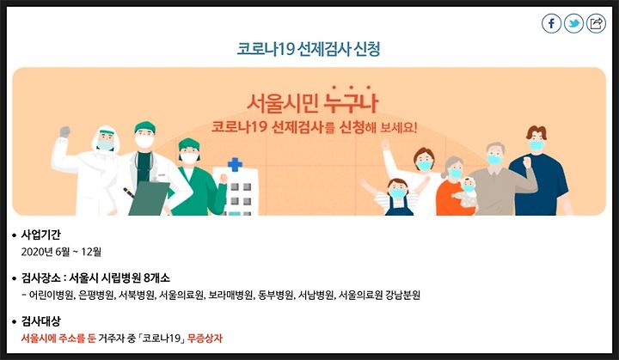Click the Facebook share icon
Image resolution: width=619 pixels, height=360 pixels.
tap(551, 23)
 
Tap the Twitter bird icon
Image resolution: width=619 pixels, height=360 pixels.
tap(573, 23)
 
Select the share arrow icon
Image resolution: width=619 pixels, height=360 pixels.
tap(596, 23)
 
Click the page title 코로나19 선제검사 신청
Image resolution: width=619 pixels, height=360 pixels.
tap(309, 49)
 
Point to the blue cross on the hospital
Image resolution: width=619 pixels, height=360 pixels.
tap(235, 164)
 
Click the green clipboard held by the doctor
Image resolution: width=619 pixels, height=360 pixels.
tap(149, 198)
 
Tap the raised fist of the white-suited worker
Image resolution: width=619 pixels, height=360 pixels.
tap(64, 131)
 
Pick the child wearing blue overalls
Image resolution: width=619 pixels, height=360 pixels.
tap(398, 197)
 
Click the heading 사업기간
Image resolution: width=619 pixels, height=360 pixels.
tap(40, 235)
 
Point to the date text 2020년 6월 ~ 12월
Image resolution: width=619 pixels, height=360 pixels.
tap(61, 252)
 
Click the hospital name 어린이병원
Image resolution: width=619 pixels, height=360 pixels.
tap(52, 295)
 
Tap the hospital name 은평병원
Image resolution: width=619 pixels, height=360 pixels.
tap(96, 295)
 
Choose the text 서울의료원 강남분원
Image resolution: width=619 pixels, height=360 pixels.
tap(379, 295)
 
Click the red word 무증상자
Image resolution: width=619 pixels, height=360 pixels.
tap(205, 339)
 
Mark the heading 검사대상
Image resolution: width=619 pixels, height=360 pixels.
tap(40, 321)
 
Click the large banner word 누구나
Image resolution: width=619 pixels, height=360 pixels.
tap(351, 102)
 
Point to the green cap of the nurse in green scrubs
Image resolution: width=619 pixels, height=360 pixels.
tap(188, 144)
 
